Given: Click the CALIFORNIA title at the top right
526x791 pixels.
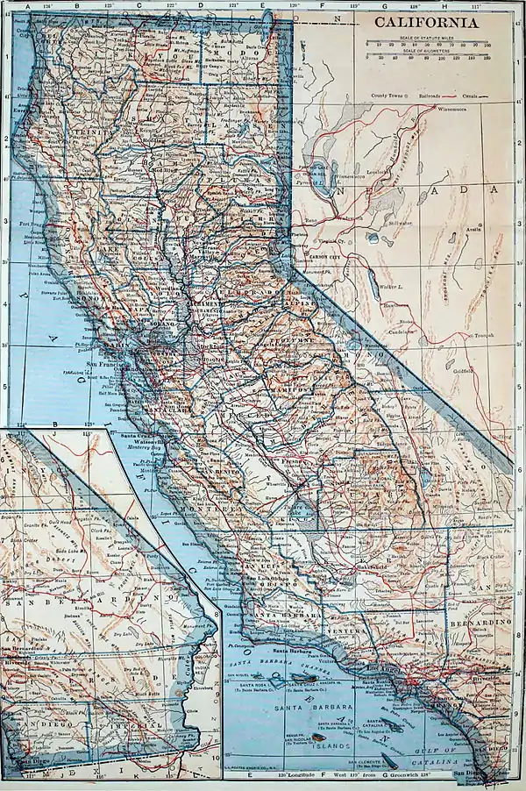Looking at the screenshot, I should pos(428,23).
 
